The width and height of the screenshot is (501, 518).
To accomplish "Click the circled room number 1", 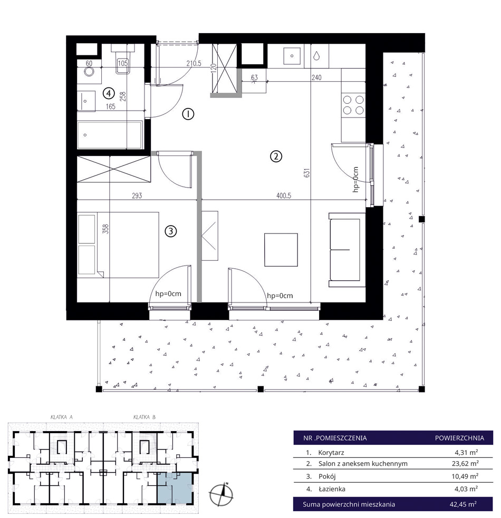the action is [x=188, y=114].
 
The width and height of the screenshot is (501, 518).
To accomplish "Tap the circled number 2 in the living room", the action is [x=276, y=157].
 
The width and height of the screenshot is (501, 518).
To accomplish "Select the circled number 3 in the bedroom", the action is [x=171, y=231].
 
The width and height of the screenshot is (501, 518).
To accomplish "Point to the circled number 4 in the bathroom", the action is [x=108, y=93].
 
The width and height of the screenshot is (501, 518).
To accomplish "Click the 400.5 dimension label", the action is [x=283, y=196].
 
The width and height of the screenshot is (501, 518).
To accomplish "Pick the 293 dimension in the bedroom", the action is [x=137, y=196].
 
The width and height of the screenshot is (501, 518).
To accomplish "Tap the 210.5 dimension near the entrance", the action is [x=194, y=63].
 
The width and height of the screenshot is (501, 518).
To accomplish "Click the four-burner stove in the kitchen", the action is [x=353, y=105].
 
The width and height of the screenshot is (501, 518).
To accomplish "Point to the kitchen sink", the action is [x=292, y=56].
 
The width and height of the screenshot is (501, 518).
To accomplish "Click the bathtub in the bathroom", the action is [x=110, y=134].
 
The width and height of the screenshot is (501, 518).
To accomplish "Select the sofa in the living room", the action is [x=347, y=249].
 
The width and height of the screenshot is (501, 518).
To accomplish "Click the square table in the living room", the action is [x=281, y=250].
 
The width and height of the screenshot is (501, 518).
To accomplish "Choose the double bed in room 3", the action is [x=118, y=245].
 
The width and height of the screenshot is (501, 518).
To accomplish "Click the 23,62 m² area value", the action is [x=465, y=464].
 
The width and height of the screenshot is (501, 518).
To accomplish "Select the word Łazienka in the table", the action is [x=332, y=489].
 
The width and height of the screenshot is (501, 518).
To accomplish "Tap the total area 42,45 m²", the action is [x=463, y=504].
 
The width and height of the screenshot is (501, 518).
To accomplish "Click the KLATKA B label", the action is [x=144, y=417].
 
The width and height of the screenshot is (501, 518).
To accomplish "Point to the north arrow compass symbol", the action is [x=221, y=494].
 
